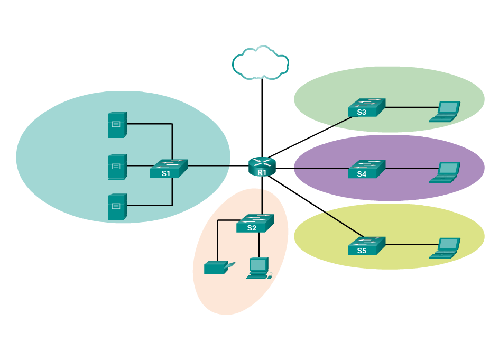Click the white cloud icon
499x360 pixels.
point(261,63)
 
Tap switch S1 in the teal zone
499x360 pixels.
point(169,168)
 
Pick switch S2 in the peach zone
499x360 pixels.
point(255,223)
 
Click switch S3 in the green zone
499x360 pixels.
point(366,107)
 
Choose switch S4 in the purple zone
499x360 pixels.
point(366,169)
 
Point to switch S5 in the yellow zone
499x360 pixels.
point(366,245)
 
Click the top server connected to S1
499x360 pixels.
point(117,125)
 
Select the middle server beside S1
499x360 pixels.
point(117,167)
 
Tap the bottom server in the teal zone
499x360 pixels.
point(117,207)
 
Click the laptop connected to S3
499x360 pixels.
point(445,112)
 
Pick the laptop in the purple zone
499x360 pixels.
point(445,172)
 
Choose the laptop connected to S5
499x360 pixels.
point(445,248)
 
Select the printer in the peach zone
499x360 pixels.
point(216,267)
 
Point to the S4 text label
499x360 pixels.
point(362,174)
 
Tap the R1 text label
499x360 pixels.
point(262,172)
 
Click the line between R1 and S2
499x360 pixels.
point(262,196)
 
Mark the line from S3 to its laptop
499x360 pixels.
point(410,107)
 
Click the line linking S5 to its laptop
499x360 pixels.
point(410,244)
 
